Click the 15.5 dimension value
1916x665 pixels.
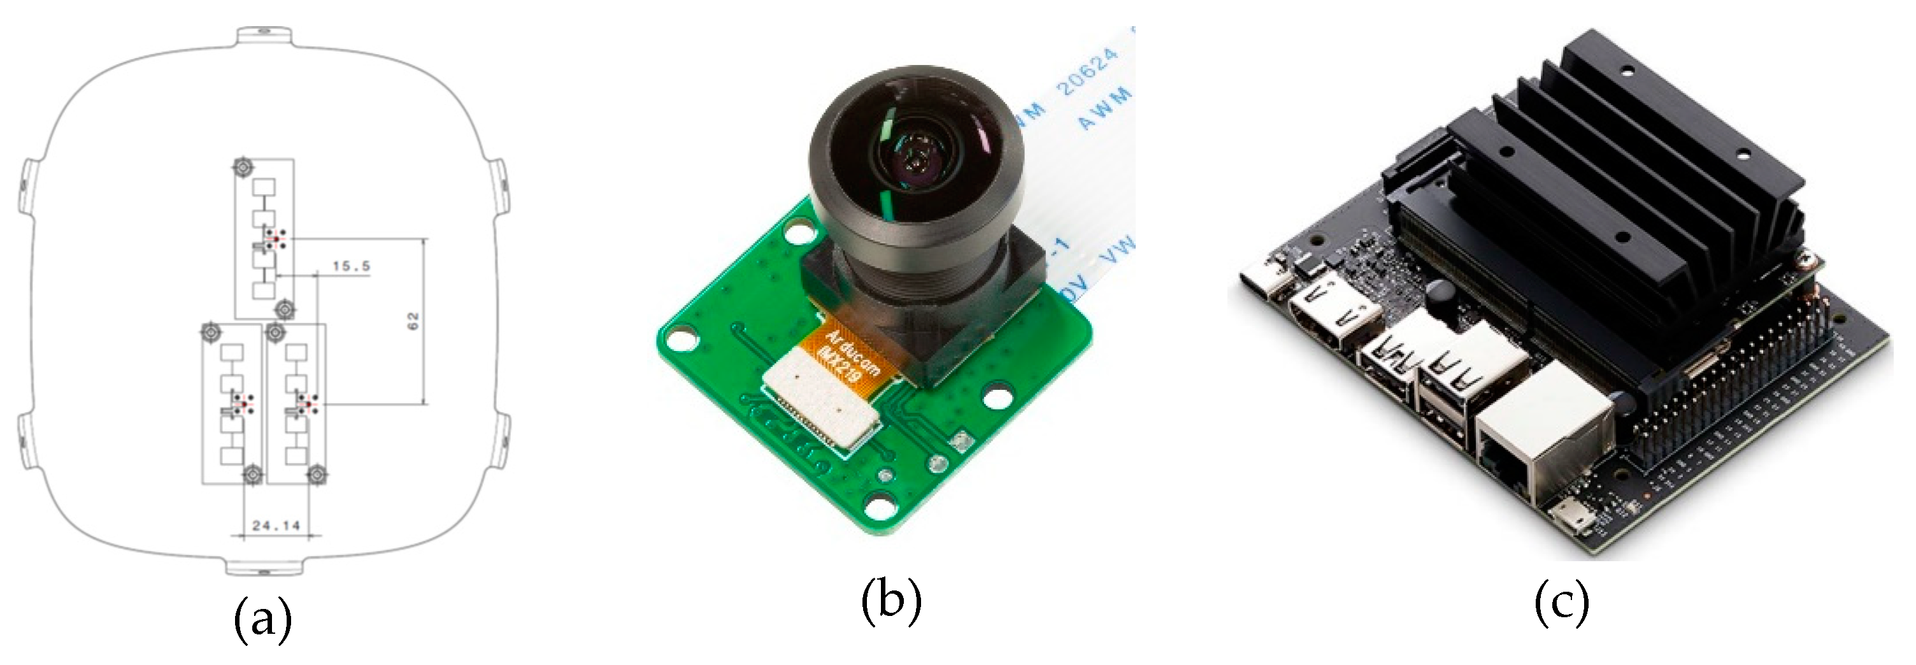[x=351, y=266]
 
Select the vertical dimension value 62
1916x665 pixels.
[x=413, y=320]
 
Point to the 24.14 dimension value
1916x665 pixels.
[x=276, y=526]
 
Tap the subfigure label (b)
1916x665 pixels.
[x=891, y=603]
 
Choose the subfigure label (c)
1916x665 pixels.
[x=1561, y=603]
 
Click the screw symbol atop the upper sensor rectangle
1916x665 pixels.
[x=243, y=168]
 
